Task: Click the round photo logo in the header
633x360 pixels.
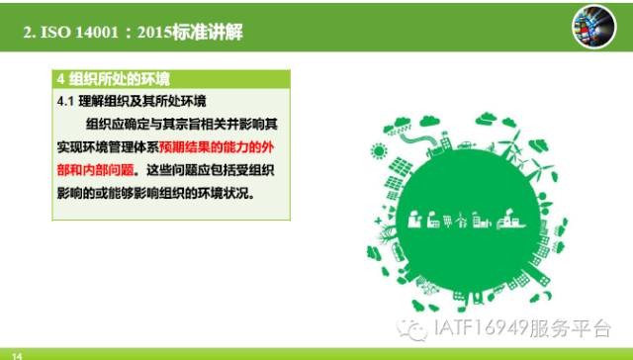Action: tap(593, 27)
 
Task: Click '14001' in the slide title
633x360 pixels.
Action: tap(97, 33)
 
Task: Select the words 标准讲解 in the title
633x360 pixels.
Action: tap(208, 33)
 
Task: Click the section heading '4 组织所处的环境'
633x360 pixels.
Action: tap(114, 79)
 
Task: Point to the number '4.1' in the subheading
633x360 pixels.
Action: tap(65, 101)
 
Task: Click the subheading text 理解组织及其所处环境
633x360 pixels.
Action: tap(142, 101)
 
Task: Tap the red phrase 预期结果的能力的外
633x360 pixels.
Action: tap(217, 147)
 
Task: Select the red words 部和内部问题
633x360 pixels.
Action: tap(95, 170)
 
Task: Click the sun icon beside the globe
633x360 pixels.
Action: tap(379, 151)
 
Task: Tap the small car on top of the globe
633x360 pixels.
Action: tap(466, 144)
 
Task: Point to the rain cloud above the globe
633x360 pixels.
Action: tap(398, 126)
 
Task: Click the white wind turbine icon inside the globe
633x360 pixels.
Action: tap(462, 221)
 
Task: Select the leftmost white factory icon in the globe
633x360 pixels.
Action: tap(414, 220)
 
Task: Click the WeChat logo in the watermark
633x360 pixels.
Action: tap(412, 330)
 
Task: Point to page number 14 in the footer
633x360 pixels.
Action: tap(17, 356)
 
